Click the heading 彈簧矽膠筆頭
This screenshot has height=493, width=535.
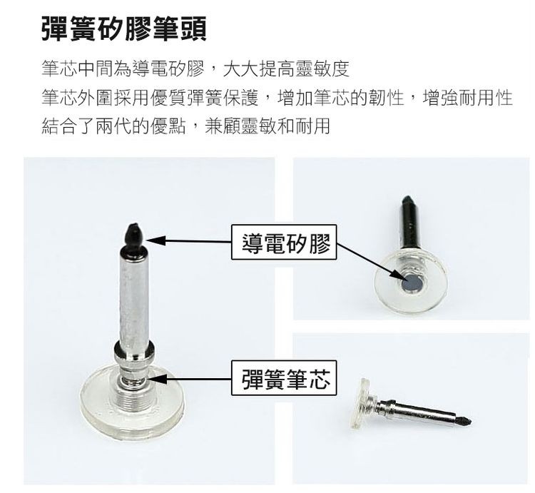[124, 29]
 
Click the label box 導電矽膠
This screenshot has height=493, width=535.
[284, 243]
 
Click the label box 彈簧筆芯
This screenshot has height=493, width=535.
[284, 378]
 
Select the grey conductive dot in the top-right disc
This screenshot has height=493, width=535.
[411, 283]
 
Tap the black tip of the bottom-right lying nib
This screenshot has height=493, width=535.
[464, 420]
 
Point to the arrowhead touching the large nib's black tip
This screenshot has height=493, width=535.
[155, 240]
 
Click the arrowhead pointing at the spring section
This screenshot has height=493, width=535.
[156, 378]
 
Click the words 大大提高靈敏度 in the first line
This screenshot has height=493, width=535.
[286, 68]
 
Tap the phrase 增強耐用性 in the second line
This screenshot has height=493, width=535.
[468, 98]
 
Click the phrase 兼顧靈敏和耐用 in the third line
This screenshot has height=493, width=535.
[267, 126]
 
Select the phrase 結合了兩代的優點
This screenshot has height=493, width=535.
[113, 126]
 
